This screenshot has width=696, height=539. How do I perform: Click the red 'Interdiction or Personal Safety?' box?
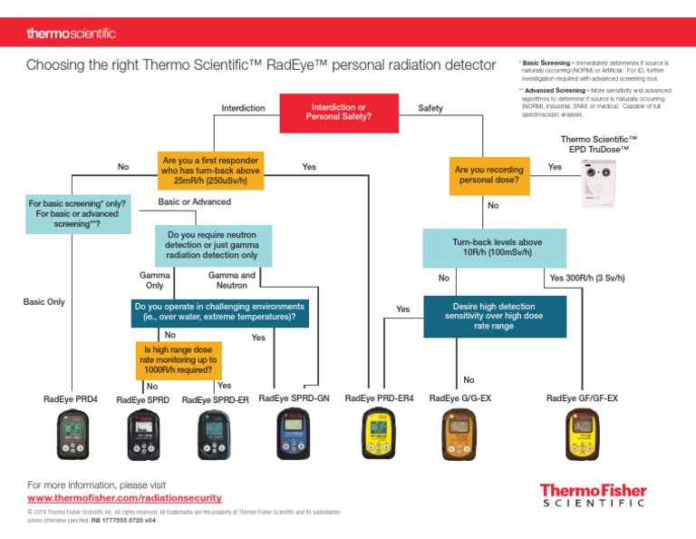338,113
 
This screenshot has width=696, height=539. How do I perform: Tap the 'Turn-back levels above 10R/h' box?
495,248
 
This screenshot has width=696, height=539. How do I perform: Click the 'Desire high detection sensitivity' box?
494,317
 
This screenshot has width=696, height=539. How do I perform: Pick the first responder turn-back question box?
210,170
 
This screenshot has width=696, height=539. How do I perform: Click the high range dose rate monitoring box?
179,358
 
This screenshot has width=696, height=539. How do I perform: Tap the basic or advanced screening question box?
77,214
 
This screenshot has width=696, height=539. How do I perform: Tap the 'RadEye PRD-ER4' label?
379,398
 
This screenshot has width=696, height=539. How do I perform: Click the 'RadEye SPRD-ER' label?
216,399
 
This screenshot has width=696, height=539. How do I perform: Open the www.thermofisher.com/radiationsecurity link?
124,498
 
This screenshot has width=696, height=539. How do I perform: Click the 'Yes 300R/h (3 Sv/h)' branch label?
587,278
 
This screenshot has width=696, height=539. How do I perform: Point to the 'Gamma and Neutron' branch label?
232,279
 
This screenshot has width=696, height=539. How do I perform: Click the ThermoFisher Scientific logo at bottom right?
593,495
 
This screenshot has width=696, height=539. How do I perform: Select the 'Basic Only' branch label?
43,301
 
